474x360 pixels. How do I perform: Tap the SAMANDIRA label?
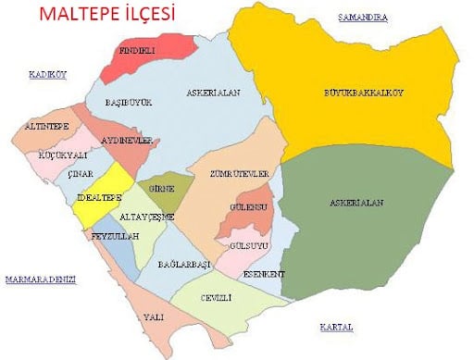362,18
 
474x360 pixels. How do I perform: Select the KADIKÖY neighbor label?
48,75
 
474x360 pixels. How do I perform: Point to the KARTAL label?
336,328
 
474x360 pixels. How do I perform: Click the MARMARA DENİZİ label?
39,279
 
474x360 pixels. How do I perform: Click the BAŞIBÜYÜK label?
128,102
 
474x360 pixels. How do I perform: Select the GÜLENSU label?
249,208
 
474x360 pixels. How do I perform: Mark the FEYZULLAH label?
114,237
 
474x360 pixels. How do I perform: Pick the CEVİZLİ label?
215,297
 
